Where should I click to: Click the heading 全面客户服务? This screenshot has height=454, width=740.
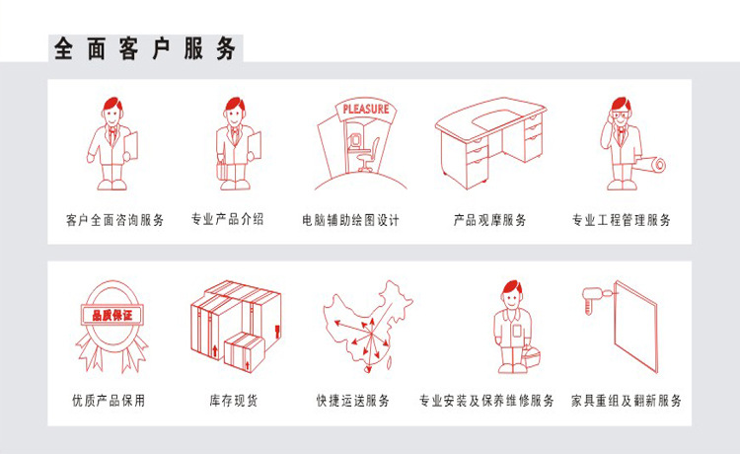[144, 46]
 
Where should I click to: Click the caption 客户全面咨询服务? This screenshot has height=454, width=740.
[114, 220]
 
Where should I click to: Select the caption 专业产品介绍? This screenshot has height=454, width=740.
[227, 220]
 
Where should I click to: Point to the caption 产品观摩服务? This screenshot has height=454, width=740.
[489, 220]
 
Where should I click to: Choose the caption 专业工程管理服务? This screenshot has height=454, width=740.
[622, 220]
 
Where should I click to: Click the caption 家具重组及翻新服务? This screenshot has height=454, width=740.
[627, 402]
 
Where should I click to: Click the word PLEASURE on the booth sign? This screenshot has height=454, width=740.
[365, 109]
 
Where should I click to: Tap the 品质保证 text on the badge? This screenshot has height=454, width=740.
[111, 315]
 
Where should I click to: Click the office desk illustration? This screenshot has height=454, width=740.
[489, 143]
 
